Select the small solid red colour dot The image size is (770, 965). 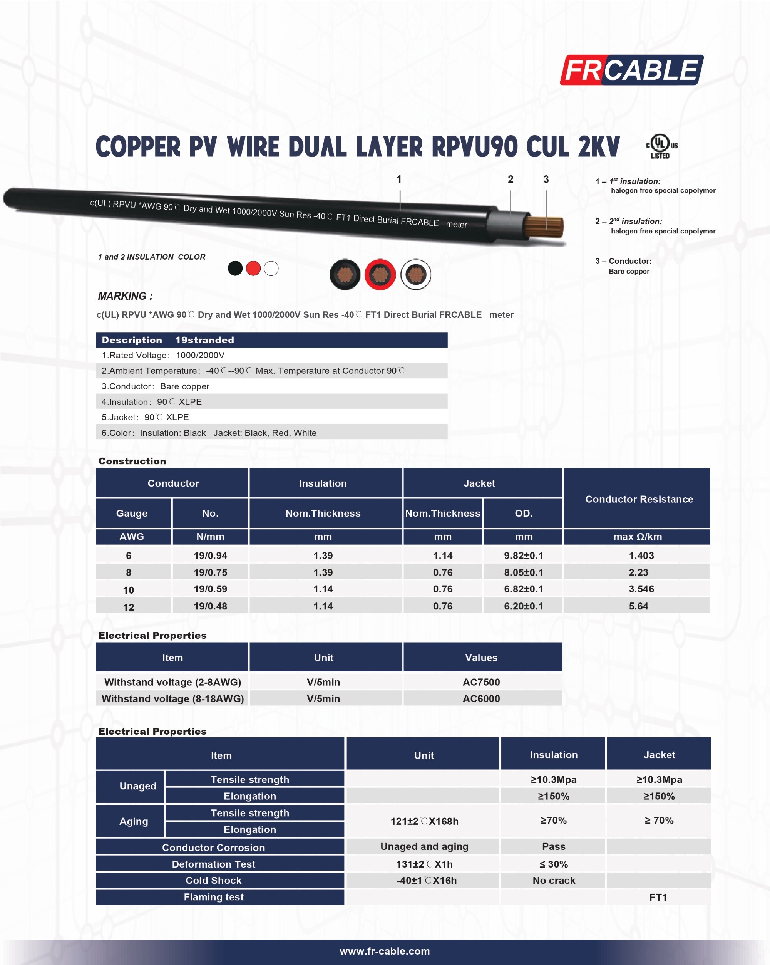pos(253,268)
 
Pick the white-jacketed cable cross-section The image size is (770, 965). pos(416,274)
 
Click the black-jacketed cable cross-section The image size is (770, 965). pos(345,274)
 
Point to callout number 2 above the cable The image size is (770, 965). pos(510,180)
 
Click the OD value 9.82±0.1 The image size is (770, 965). pos(523,556)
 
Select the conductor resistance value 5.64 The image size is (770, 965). pos(638,606)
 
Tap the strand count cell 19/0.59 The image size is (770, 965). pos(210,589)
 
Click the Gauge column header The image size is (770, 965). pos(132,514)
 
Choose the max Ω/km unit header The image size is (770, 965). pos(637,537)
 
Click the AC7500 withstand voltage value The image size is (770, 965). pos(481,682)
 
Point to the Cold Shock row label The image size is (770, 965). pos(213,880)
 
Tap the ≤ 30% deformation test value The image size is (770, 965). pos(554,864)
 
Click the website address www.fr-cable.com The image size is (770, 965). pos(385,951)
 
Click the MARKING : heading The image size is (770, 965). pos(125,296)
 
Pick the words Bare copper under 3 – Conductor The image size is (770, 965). pos(629,271)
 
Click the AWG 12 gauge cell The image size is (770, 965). pos(129,607)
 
